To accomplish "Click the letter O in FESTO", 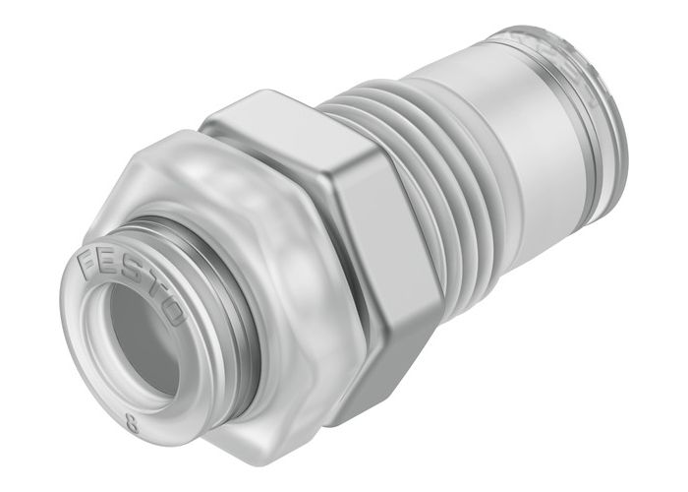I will [x=174, y=315].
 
